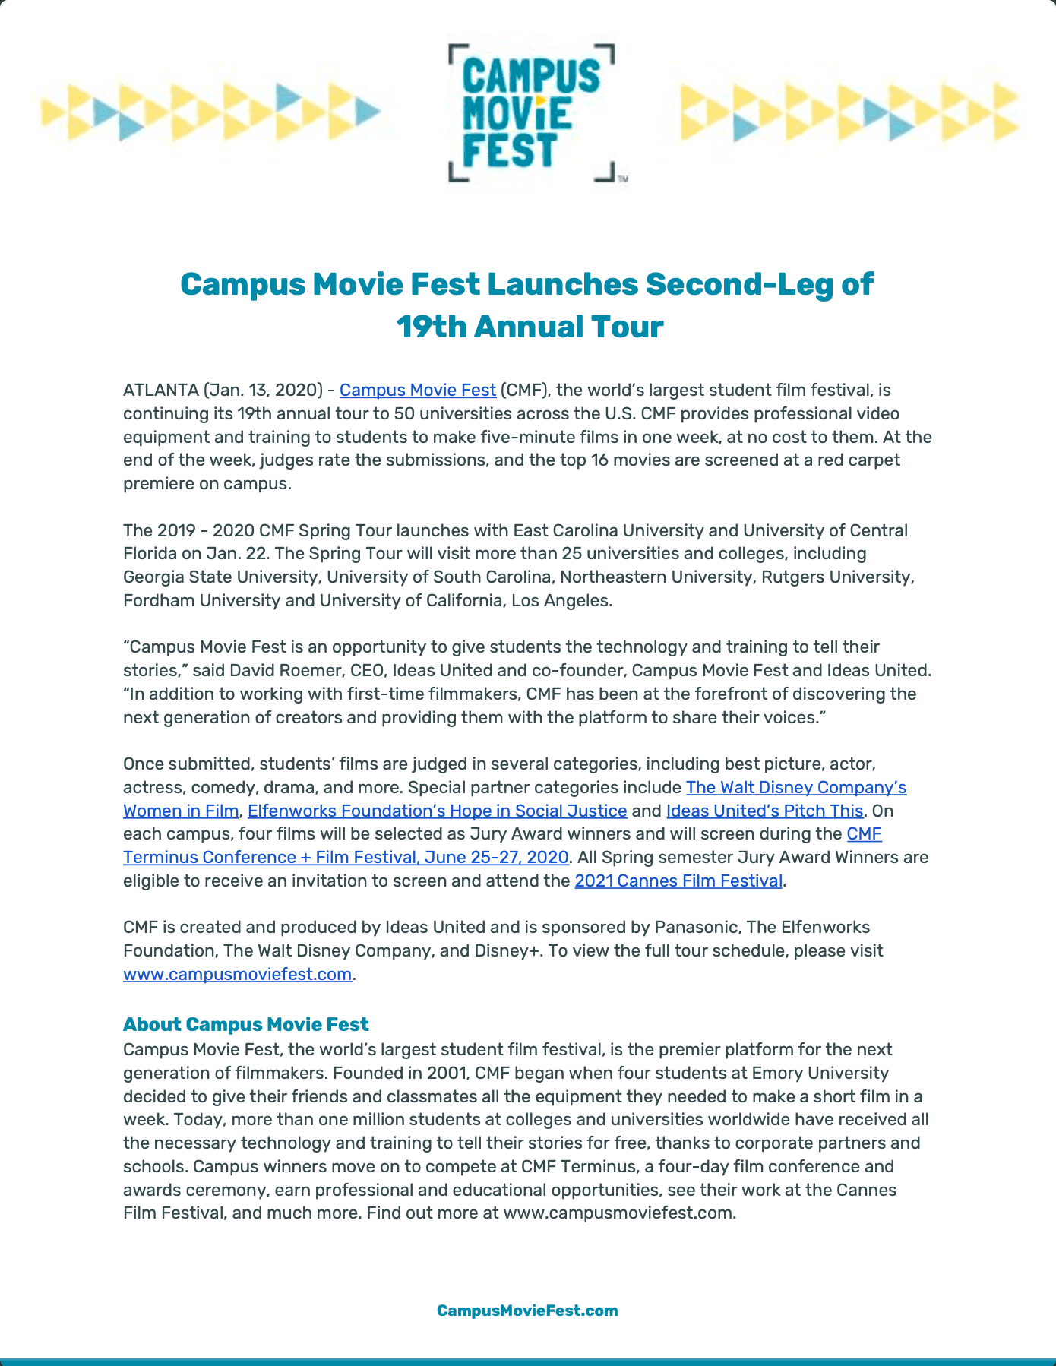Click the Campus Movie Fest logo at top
click(x=532, y=113)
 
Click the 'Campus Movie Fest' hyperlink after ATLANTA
click(x=417, y=390)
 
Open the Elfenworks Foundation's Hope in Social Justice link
click(x=438, y=811)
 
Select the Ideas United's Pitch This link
click(x=764, y=811)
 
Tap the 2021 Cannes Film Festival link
click(x=678, y=881)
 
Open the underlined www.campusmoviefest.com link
click(x=237, y=974)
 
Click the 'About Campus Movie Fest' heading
click(x=245, y=1024)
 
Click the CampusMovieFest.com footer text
click(x=527, y=1310)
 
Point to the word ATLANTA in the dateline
click(x=160, y=390)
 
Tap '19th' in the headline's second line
click(x=431, y=327)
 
